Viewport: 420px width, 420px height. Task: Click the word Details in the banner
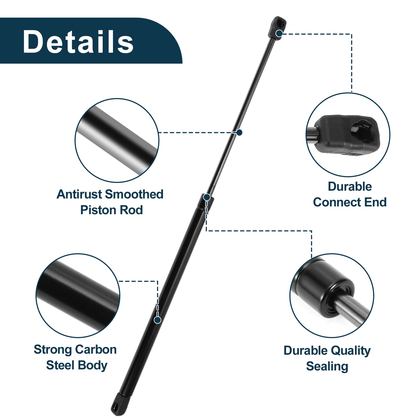point(78,41)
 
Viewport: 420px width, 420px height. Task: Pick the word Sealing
point(327,367)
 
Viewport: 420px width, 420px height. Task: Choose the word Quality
point(350,351)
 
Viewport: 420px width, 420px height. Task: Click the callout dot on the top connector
point(279,33)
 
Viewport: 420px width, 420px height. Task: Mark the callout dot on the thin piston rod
point(239,132)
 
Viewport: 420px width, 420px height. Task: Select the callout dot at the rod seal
point(207,197)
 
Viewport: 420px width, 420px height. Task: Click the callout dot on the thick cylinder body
point(157,320)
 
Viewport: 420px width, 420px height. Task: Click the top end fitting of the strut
point(277,28)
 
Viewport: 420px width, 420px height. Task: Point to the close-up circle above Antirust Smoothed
point(117,140)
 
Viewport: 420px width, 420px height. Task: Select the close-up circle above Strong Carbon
point(78,296)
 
